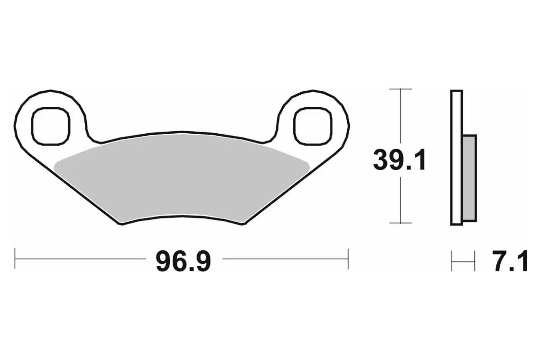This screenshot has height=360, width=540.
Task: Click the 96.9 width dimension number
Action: (x=183, y=262)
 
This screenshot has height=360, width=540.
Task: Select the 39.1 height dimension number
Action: (x=400, y=160)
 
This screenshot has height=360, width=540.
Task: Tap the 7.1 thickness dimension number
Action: (x=510, y=261)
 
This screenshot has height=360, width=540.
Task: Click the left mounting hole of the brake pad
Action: (x=51, y=126)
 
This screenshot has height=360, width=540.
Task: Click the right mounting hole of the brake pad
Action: (x=313, y=126)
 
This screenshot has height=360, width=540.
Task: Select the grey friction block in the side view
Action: (x=469, y=178)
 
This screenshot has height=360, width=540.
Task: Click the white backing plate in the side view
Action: (x=457, y=158)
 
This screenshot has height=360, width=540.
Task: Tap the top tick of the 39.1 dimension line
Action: (x=400, y=89)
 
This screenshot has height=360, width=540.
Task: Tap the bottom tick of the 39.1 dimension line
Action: (x=400, y=223)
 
